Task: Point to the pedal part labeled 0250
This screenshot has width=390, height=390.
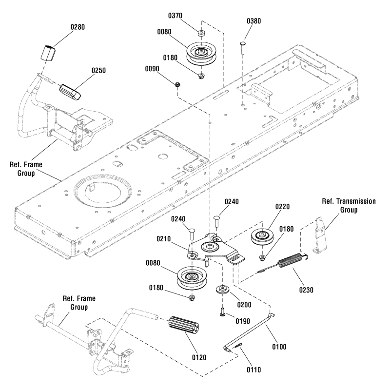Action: coord(72,91)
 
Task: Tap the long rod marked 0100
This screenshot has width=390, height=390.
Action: coord(250,332)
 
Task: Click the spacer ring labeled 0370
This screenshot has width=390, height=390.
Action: coord(201,33)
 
